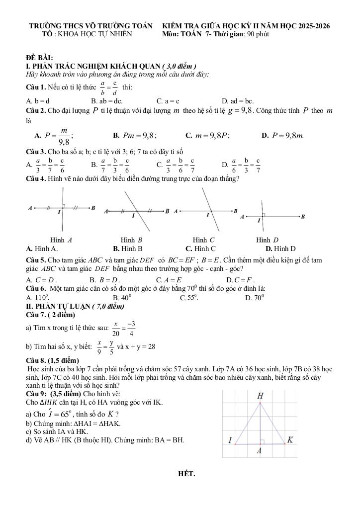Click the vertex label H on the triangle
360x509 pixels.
pyautogui.click(x=261, y=396)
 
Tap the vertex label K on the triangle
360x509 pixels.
pyautogui.click(x=290, y=439)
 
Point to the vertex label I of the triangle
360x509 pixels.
pyautogui.click(x=230, y=440)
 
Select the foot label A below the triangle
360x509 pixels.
pyautogui.click(x=259, y=451)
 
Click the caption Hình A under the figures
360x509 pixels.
pyautogui.click(x=61, y=240)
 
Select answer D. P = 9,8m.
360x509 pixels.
pyautogui.click(x=282, y=135)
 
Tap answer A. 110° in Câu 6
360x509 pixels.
pyautogui.click(x=37, y=298)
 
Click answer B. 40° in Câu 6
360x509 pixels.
pyautogui.click(x=122, y=298)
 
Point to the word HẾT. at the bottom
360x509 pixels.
pyautogui.click(x=186, y=473)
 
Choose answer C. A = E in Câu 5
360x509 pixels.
pyautogui.click(x=169, y=280)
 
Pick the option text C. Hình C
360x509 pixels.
pyautogui.click(x=200, y=249)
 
